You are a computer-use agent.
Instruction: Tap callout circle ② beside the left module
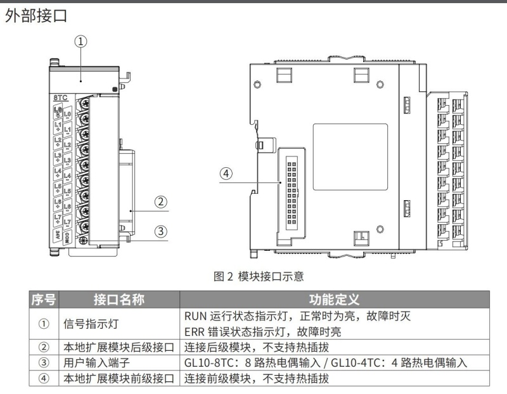pos(161,202)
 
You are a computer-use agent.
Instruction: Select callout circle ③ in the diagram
pos(161,231)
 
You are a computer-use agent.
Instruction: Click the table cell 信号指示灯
pos(85,323)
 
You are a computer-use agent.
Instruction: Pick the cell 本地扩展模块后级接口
pos(119,347)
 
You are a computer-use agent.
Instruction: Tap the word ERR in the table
pos(194,331)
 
